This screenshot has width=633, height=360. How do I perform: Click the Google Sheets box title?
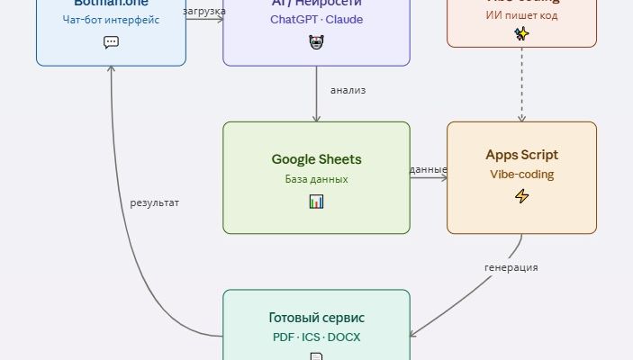tap(316, 159)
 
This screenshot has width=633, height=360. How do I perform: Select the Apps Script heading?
tap(521, 155)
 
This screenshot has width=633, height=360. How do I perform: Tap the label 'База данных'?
tap(316, 179)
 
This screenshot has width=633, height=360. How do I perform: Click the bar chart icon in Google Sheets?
tap(316, 202)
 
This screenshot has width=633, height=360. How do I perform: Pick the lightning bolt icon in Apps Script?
tap(521, 196)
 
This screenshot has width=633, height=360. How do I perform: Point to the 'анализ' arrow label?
tap(348, 90)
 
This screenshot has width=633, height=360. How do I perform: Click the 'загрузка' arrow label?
tap(203, 12)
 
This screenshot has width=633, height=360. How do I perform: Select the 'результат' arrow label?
tap(155, 202)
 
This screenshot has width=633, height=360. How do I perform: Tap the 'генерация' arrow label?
tap(511, 267)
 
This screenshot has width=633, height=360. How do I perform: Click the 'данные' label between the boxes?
tap(429, 169)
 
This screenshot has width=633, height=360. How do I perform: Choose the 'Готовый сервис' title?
tap(316, 318)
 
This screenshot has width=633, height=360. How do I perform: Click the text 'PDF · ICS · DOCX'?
tap(316, 337)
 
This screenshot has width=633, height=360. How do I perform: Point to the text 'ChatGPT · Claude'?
tap(316, 20)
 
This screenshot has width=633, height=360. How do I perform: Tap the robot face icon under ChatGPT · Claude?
tap(316, 41)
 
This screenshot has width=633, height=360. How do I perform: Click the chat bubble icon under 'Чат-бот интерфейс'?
tap(111, 41)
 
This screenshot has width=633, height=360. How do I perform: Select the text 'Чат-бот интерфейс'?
tap(111, 20)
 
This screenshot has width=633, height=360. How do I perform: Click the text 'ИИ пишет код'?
tap(521, 14)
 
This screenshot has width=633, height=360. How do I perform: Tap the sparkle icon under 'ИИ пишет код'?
tap(521, 33)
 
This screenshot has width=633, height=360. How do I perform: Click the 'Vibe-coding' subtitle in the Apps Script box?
tap(521, 175)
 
